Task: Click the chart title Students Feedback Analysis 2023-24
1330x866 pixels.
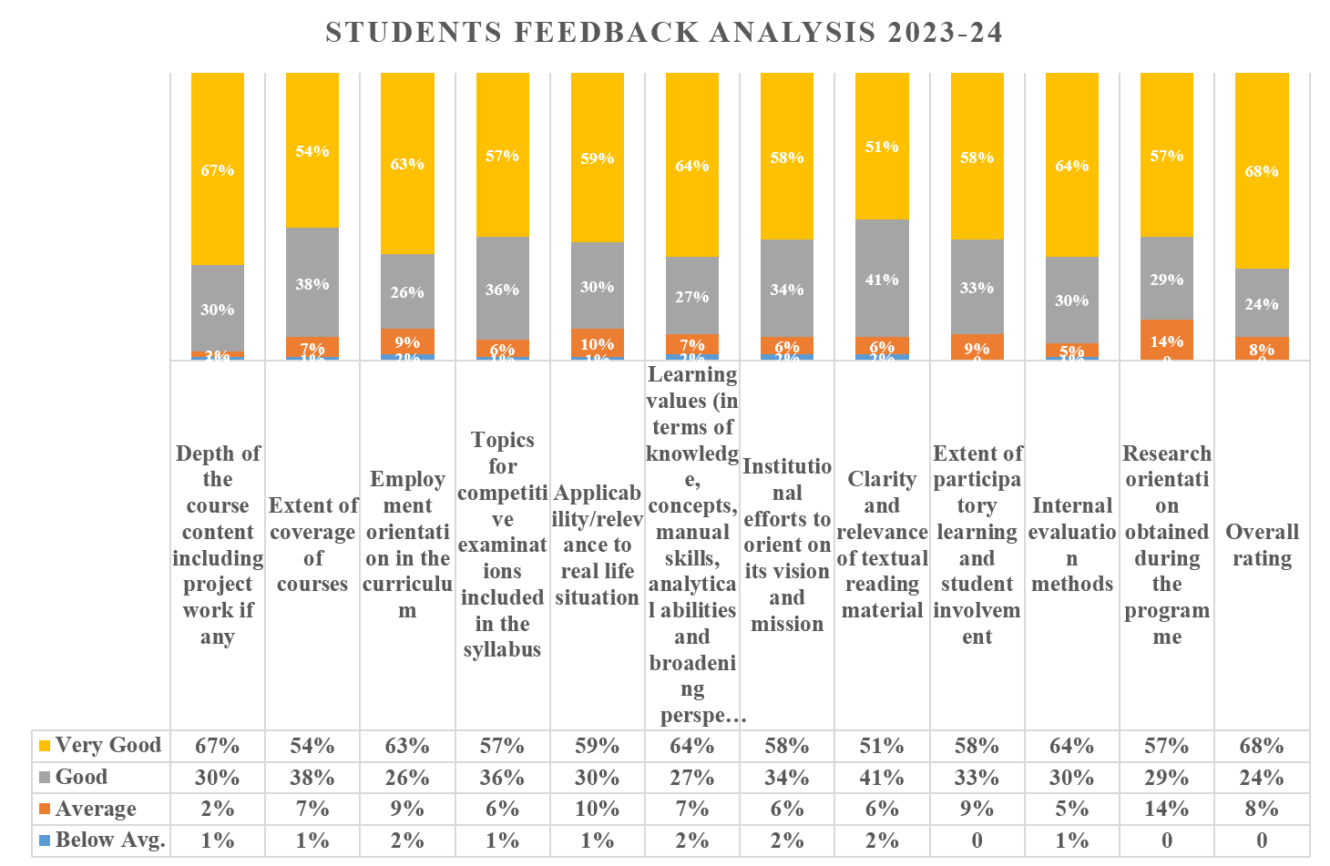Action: coord(664,33)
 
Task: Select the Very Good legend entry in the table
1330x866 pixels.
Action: coord(99,746)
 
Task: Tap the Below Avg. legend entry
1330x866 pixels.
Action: coord(101,841)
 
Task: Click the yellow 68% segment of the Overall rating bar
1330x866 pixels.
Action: coord(1262,171)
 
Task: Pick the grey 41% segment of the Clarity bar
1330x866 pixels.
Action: coord(882,279)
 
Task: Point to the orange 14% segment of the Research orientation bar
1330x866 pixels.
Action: coord(1167,340)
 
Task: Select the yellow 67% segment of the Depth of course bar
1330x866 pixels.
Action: coord(218,169)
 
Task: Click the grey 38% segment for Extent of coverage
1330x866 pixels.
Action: coord(312,283)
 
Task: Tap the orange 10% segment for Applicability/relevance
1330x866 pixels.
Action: coord(598,343)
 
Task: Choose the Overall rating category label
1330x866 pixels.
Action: coord(1262,545)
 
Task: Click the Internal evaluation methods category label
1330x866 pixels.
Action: coord(1072,545)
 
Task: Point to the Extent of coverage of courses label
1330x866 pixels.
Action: coord(312,545)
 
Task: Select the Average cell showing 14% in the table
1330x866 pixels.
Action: coord(1167,809)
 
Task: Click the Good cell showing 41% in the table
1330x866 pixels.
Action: coord(882,778)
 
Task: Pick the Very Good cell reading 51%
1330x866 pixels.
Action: coord(882,746)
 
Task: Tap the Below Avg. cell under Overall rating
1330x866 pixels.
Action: coord(1262,841)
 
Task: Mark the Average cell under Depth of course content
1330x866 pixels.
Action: coord(218,809)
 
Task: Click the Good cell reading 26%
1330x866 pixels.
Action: coord(407,778)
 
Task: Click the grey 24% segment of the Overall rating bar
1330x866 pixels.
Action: coord(1262,303)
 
